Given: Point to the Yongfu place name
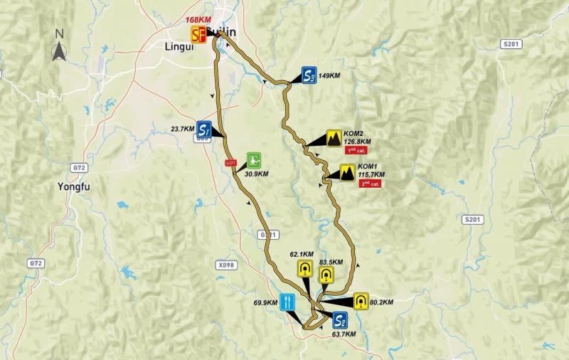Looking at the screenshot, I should coord(73,188).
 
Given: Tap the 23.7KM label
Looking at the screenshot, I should coord(183,129).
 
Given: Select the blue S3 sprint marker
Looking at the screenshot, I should coord(308,75).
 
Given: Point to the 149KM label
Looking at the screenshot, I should coord(332,75).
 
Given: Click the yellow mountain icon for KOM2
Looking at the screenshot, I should coord(333,138).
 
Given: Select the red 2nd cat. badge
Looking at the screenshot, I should coord(370,184).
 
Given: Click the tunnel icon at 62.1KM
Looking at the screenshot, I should coord(305,269).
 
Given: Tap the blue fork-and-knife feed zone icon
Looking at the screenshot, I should coord(287,302).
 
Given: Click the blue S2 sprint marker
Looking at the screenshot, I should coord(340,319).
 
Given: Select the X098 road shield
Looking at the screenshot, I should coord(225,265).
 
